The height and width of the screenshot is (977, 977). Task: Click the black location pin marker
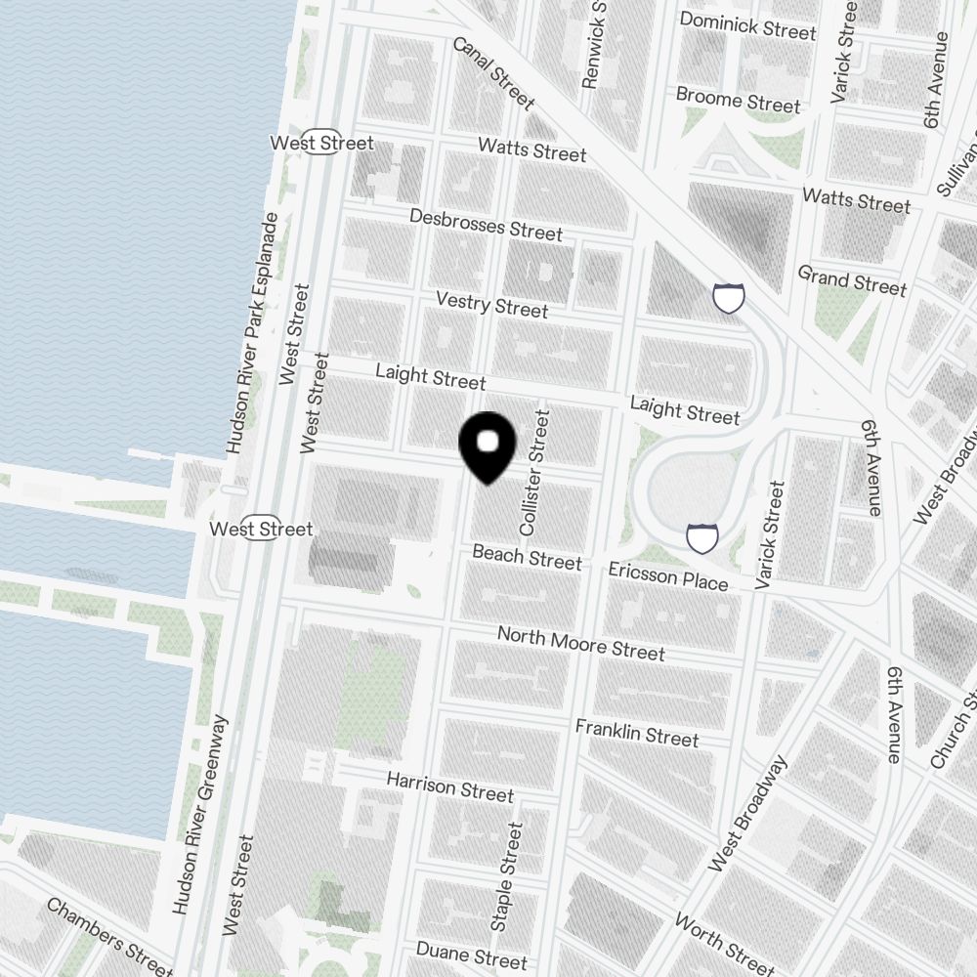[488, 446]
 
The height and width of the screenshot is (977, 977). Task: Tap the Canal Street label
[493, 73]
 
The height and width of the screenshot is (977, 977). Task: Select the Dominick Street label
[747, 25]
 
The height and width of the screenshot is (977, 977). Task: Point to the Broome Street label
[739, 100]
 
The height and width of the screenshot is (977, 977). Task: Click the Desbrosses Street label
[486, 225]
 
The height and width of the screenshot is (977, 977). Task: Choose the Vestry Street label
[491, 304]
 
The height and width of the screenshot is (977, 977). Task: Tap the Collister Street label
[535, 472]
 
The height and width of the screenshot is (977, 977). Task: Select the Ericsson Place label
[667, 575]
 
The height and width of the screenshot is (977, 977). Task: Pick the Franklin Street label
[636, 732]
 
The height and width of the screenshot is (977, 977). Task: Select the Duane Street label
[464, 953]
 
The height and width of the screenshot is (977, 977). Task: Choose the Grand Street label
[852, 279]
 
